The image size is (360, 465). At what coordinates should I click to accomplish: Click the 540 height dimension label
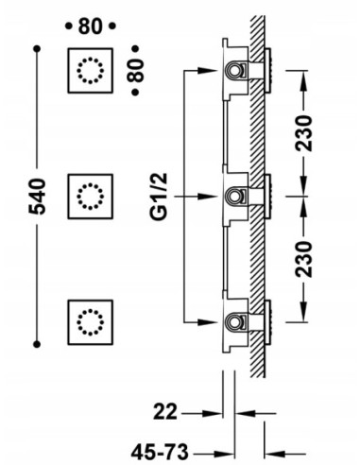(x=38, y=197)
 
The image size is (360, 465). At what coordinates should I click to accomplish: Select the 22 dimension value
(x=165, y=411)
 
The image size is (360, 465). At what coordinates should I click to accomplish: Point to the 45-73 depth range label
(x=160, y=453)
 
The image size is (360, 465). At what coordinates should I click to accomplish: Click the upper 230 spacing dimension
(x=303, y=133)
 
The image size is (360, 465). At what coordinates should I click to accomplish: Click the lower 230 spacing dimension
(x=303, y=259)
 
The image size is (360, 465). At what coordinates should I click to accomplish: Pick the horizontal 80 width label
(x=91, y=26)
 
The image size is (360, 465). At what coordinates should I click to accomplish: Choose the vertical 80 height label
(x=136, y=70)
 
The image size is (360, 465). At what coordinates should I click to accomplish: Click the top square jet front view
(x=91, y=70)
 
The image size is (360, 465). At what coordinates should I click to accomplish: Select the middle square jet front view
(x=91, y=197)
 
